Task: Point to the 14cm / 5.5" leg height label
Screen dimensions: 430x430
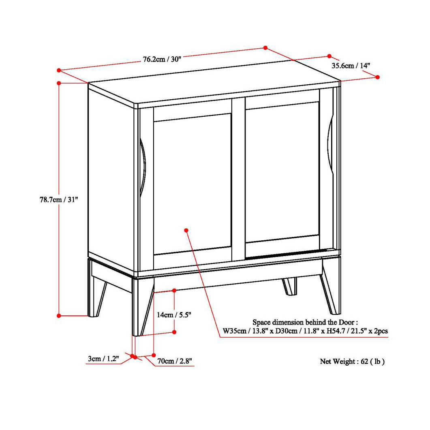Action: click(x=174, y=314)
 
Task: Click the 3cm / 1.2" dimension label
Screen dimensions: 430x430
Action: click(x=103, y=359)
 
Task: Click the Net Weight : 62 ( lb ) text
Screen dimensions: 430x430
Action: click(x=352, y=361)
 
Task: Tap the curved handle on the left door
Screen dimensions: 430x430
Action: click(x=143, y=167)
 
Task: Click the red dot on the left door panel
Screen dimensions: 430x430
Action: click(x=186, y=230)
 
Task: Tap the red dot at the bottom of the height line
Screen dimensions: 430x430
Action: click(x=59, y=315)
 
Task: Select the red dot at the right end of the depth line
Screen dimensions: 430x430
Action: click(x=378, y=77)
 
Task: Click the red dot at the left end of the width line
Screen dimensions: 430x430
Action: click(x=59, y=70)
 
